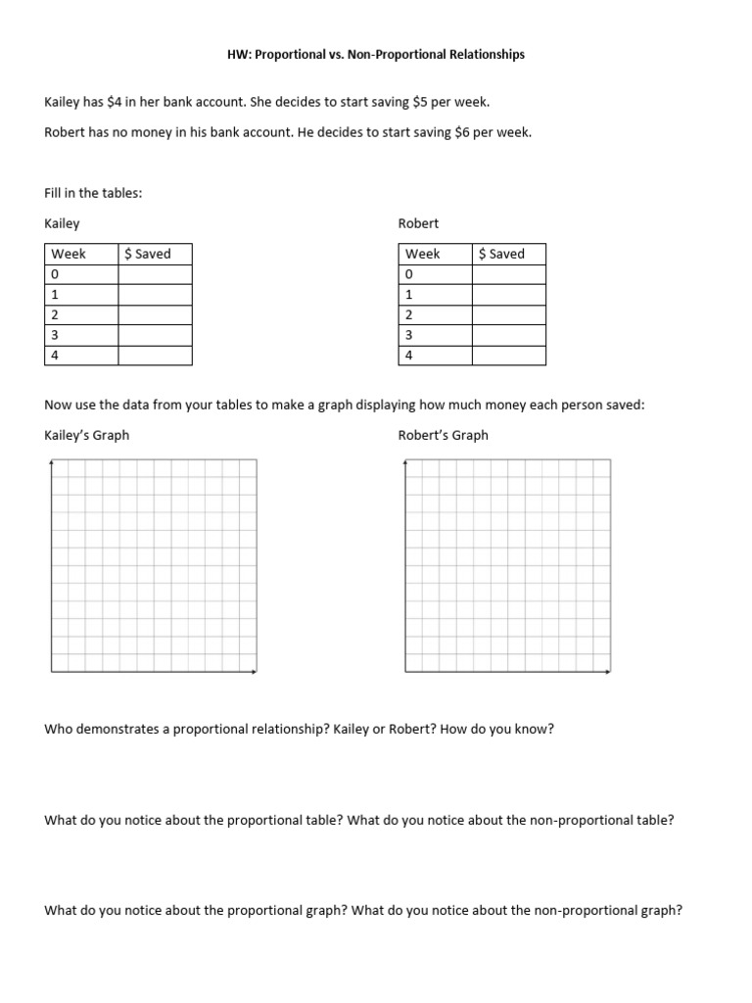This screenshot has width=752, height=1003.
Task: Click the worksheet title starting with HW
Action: [x=375, y=55]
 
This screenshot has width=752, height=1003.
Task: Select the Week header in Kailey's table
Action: [x=69, y=254]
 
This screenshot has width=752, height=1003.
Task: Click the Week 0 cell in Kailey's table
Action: [x=56, y=274]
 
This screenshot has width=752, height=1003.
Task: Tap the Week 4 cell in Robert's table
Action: [x=409, y=356]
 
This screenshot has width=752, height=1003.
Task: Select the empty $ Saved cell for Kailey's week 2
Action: [x=155, y=314]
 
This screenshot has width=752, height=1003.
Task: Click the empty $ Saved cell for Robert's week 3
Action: [x=508, y=335]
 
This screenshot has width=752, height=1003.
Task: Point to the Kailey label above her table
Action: [x=63, y=223]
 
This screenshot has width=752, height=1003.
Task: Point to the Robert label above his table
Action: [x=418, y=223]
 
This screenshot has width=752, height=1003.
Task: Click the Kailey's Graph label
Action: [x=87, y=435]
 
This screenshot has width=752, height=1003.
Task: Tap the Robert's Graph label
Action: [x=443, y=435]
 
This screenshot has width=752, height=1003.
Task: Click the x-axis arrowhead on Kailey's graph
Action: [x=255, y=672]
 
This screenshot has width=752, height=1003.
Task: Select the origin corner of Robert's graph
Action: [x=404, y=672]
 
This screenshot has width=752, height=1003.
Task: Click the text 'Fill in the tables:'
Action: [x=93, y=193]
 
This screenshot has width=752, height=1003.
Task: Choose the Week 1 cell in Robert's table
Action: [x=409, y=294]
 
